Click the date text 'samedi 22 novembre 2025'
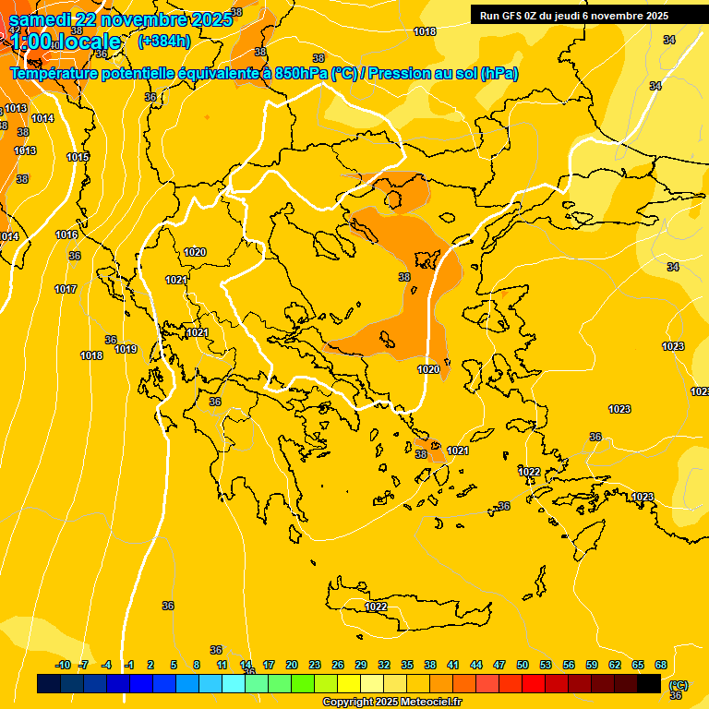pos(121,20)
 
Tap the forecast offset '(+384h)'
pos(164,42)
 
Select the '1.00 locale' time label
pos(66,42)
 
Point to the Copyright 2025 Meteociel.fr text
pos(391,703)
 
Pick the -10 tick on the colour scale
pos(63,665)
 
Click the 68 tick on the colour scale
pos(661,665)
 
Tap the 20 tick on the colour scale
pos(292,665)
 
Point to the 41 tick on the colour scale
pos(453,665)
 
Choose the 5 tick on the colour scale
pos(174,665)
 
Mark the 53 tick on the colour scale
pos(546,665)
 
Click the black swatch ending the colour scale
pos(649,684)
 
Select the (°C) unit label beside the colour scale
pos(679,685)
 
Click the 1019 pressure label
pos(126,349)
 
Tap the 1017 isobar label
pos(66,289)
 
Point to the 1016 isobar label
pos(66,234)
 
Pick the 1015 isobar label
pos(78,157)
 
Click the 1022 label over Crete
pos(376,607)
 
